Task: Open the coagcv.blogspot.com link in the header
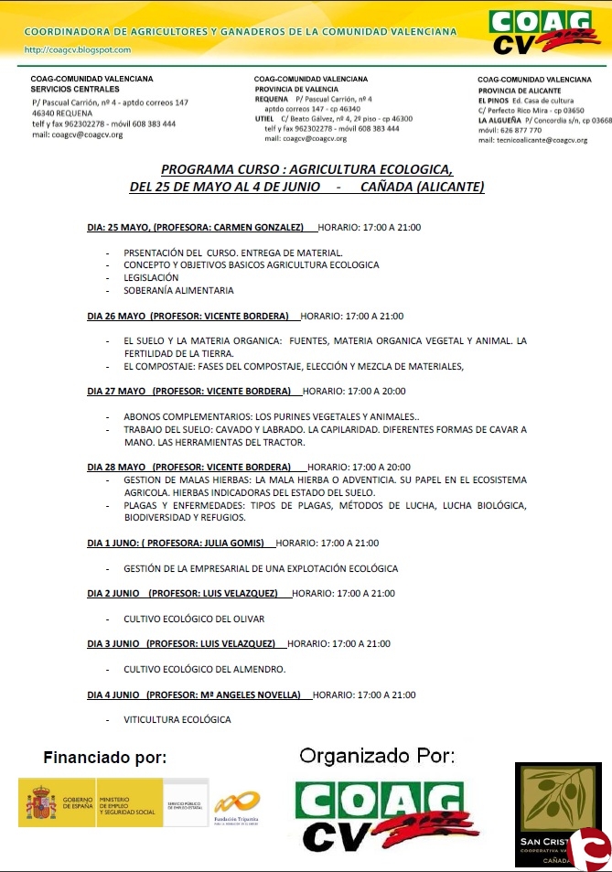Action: point(78,50)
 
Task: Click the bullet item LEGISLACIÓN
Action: point(151,277)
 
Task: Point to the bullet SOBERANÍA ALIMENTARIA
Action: point(178,290)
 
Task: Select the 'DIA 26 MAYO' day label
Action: point(116,316)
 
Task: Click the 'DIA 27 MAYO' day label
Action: point(116,391)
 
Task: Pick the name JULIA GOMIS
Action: point(236,543)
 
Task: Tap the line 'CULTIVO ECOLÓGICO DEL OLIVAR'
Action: point(194,619)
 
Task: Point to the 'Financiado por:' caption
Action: point(105,758)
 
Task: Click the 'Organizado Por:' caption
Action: point(377,756)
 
